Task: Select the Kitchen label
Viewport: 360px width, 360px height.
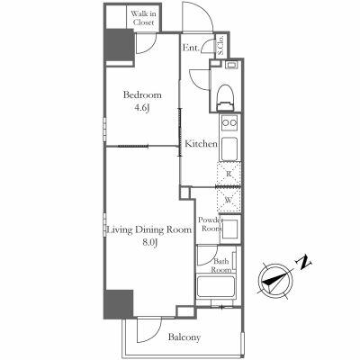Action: click(x=201, y=143)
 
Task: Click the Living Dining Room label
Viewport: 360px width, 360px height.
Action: click(x=149, y=230)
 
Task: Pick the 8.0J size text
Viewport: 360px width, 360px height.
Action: click(x=148, y=243)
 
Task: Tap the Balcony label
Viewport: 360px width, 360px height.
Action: click(x=184, y=337)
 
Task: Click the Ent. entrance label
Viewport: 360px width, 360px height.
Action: click(x=191, y=48)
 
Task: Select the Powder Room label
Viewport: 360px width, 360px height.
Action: click(x=211, y=224)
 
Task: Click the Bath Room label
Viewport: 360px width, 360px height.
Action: click(x=221, y=265)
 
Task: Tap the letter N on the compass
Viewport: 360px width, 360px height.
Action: click(x=305, y=262)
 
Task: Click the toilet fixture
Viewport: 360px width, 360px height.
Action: click(x=225, y=91)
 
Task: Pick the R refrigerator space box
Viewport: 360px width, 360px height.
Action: click(x=229, y=174)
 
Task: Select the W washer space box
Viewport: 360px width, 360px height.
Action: click(x=229, y=201)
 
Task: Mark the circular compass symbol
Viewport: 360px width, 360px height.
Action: click(x=275, y=279)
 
